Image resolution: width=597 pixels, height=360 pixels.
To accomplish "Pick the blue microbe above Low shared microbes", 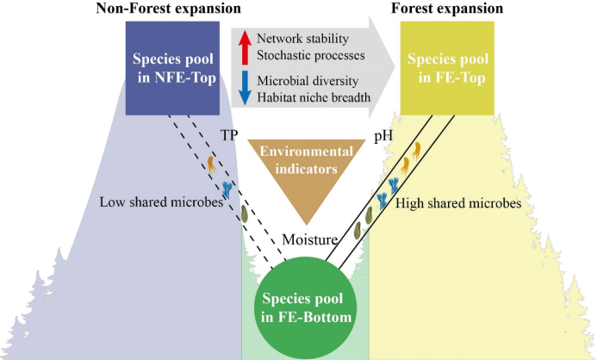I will [x=228, y=189].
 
